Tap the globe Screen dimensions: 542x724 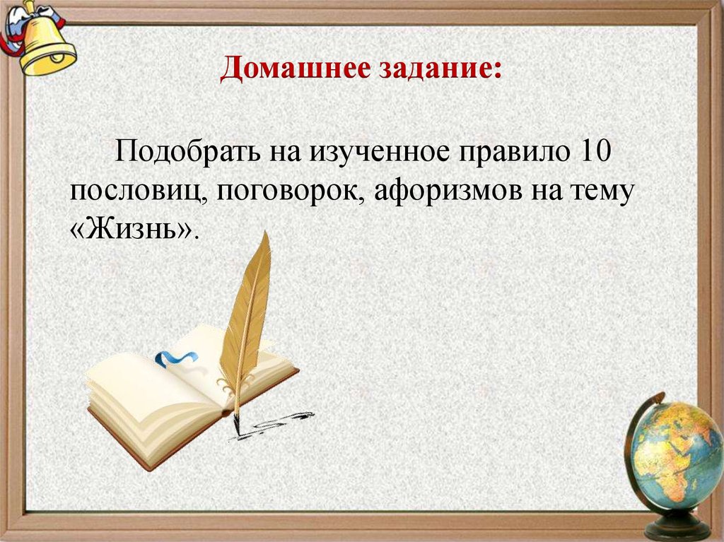(675, 452)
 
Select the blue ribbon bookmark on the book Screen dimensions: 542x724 (173, 358)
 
